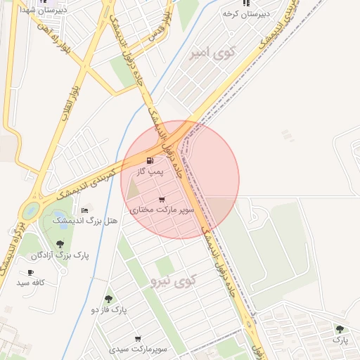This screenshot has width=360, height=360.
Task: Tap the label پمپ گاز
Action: (150, 172)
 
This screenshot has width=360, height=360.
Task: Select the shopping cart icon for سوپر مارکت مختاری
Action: (162, 199)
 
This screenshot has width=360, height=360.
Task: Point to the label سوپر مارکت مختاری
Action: (162, 210)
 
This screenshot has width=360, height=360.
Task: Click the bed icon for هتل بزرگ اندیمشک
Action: (85, 210)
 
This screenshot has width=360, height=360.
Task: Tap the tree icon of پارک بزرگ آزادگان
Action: (60, 245)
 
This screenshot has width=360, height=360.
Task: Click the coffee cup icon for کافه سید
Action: (30, 272)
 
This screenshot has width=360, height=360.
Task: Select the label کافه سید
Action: (32, 283)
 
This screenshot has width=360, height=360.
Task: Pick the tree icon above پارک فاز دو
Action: (108, 299)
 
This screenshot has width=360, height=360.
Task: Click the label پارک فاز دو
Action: (108, 309)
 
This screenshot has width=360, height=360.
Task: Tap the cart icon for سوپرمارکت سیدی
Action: (138, 339)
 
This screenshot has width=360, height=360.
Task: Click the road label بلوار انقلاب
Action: (67, 103)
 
